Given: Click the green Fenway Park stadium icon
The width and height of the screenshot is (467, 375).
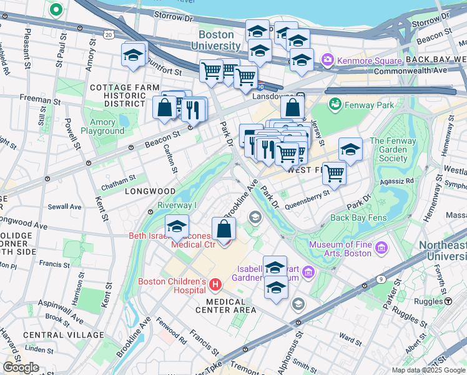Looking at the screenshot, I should pyautogui.click(x=333, y=104).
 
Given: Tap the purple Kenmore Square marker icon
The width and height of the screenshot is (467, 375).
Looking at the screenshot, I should pyautogui.click(x=327, y=61).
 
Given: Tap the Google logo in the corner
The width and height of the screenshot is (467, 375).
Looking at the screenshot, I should pyautogui.click(x=21, y=367).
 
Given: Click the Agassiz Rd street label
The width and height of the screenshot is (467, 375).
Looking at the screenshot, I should pyautogui.click(x=400, y=181).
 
